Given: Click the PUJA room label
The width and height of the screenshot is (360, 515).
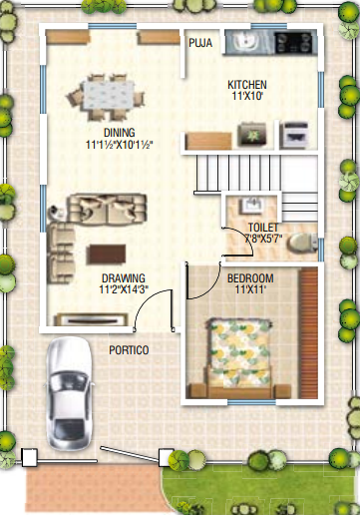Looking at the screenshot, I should (x=198, y=42).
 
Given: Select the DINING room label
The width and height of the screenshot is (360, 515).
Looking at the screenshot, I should (x=119, y=132).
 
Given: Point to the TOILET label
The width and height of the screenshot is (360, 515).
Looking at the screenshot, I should (x=264, y=228).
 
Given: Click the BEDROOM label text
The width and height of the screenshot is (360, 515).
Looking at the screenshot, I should (x=251, y=276).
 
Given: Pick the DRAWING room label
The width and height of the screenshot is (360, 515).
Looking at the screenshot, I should (x=123, y=277).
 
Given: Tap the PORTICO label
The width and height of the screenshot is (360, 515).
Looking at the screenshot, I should (x=129, y=349).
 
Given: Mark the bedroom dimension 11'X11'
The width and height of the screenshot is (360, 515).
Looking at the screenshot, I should (x=251, y=289).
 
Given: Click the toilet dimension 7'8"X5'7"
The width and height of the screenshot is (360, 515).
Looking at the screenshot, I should (x=265, y=240).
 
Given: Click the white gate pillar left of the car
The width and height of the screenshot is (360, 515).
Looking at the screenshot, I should (x=29, y=457).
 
